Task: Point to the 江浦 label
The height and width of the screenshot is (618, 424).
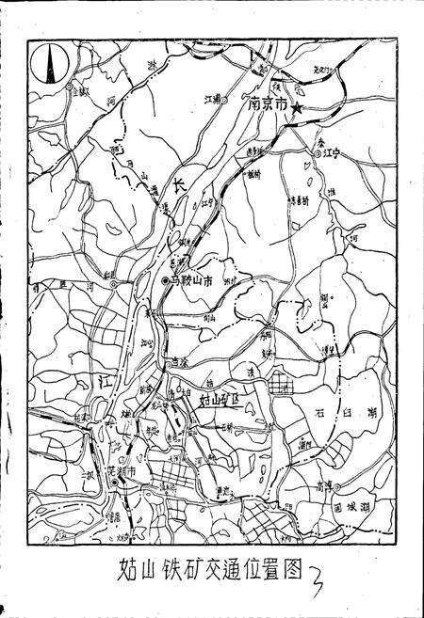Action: pyautogui.click(x=213, y=98)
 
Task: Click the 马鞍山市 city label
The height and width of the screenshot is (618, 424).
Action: pyautogui.click(x=193, y=280)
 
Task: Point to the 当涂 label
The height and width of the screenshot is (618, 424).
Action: pyautogui.click(x=179, y=361)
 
